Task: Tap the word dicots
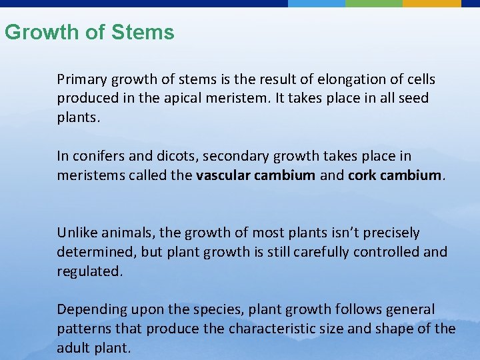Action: [173, 157]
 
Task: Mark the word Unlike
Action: [76, 233]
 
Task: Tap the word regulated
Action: [90, 273]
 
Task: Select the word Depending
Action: [87, 310]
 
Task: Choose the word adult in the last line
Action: [73, 348]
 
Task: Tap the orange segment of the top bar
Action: [431, 3]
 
